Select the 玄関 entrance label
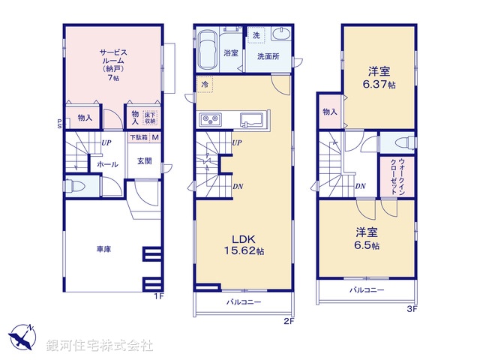[x=144, y=161]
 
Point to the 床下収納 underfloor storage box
[x=150, y=118]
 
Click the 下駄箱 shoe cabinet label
[x=138, y=137]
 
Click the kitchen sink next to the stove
[x=253, y=119]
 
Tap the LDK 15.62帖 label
[x=242, y=244]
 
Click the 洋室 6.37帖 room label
[x=378, y=77]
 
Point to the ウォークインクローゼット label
[x=393, y=178]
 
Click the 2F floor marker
[x=289, y=320]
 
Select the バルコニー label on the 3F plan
[x=365, y=289]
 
